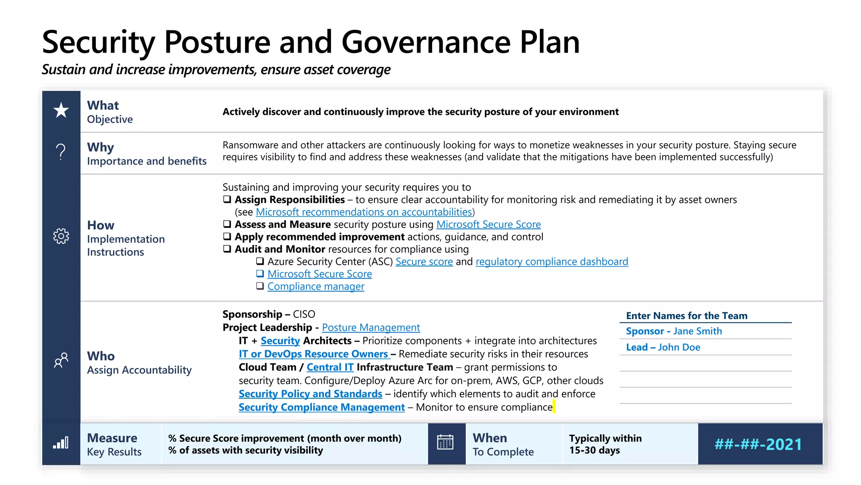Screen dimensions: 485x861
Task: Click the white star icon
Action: pos(61,110)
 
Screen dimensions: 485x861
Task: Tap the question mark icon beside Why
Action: pos(61,152)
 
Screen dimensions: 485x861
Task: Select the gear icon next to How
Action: pos(61,236)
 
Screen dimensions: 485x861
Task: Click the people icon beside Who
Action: pos(61,360)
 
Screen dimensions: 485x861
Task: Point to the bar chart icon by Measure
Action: pos(61,443)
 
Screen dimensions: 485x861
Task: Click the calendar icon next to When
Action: pos(445,442)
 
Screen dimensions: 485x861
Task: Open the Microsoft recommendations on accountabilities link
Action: pos(364,212)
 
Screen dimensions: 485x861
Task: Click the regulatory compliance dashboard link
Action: pos(552,262)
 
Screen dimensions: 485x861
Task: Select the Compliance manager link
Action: pos(316,287)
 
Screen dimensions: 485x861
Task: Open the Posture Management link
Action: pos(371,328)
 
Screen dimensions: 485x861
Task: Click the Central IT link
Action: pos(330,368)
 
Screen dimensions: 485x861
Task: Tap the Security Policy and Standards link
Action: pos(310,394)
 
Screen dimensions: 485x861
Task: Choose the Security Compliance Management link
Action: pos(322,408)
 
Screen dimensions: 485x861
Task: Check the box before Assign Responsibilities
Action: pos(227,199)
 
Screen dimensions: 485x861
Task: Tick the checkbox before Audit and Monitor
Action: pos(227,249)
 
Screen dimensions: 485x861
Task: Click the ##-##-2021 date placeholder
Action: pos(758,444)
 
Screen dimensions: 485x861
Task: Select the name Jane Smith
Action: pos(697,331)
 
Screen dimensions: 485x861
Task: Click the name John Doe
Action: pos(679,347)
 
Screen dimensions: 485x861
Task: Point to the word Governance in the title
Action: pos(426,42)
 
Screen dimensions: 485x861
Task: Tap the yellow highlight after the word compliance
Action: pos(554,407)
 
